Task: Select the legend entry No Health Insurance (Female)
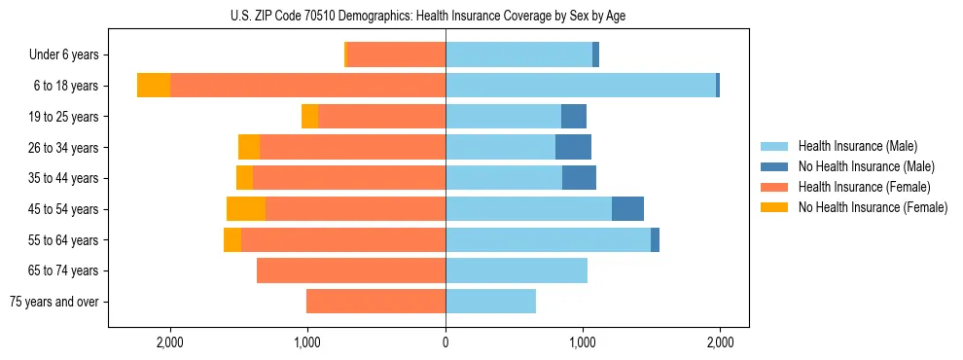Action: pos(872,207)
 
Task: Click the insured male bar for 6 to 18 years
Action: pos(581,86)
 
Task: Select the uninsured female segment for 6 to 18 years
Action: pos(154,86)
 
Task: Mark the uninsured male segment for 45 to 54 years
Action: pos(627,209)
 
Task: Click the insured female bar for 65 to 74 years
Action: pos(351,270)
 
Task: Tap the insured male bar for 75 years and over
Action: pos(490,302)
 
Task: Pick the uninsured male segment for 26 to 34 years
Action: pos(573,148)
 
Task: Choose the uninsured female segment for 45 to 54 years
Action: pos(246,209)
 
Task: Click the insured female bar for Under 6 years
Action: pos(396,55)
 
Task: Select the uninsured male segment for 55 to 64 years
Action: pos(655,240)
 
